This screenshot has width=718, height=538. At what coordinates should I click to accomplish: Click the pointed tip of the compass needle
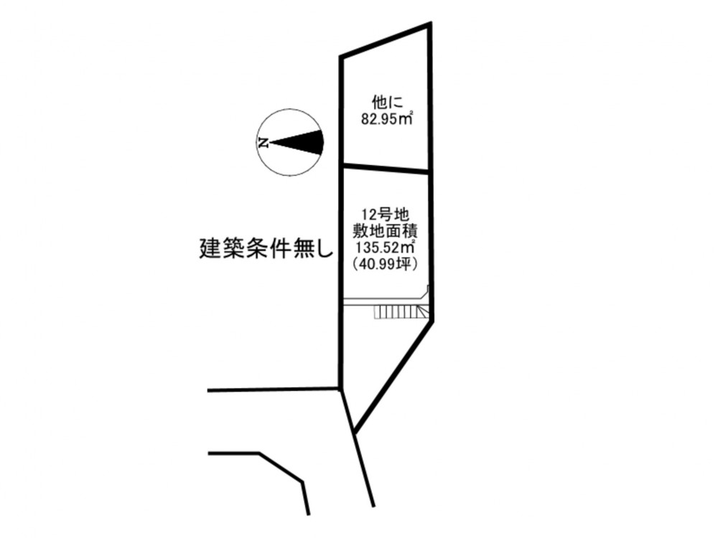(271, 143)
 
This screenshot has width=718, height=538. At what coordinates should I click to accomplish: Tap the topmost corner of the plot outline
(430, 23)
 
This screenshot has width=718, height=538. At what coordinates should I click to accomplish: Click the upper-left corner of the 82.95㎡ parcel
(342, 57)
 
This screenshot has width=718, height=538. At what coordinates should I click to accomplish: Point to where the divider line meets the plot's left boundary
(342, 165)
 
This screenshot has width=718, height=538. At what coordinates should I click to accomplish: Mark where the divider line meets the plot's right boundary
(430, 172)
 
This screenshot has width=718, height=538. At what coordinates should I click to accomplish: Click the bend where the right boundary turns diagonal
(432, 320)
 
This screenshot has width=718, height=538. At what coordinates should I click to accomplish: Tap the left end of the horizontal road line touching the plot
(208, 391)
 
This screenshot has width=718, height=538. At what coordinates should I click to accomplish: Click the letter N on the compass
(264, 143)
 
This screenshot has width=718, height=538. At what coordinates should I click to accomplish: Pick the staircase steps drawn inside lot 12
(401, 312)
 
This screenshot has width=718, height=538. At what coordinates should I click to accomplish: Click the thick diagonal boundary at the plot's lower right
(393, 377)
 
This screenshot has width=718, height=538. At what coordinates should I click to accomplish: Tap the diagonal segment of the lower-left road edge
(281, 467)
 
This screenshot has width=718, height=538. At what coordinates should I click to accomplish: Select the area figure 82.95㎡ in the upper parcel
(387, 118)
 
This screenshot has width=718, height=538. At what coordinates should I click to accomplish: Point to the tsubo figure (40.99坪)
(386, 265)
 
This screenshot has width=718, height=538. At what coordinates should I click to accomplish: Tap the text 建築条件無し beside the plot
(266, 249)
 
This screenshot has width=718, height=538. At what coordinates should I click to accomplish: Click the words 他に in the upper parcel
(387, 102)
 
